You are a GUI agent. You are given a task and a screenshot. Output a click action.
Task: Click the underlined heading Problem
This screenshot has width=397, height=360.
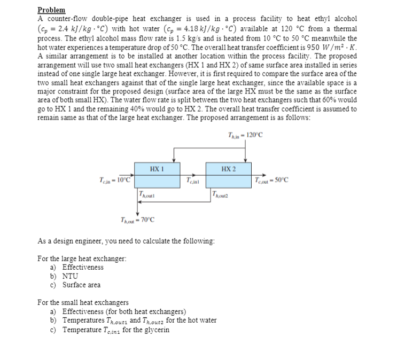click(x=51, y=10)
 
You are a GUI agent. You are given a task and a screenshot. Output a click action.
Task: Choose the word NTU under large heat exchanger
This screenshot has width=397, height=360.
click(x=70, y=276)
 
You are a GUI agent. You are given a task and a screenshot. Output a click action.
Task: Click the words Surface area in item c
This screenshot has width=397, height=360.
click(x=81, y=285)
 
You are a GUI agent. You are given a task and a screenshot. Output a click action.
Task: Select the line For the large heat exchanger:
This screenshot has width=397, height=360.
click(x=82, y=259)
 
